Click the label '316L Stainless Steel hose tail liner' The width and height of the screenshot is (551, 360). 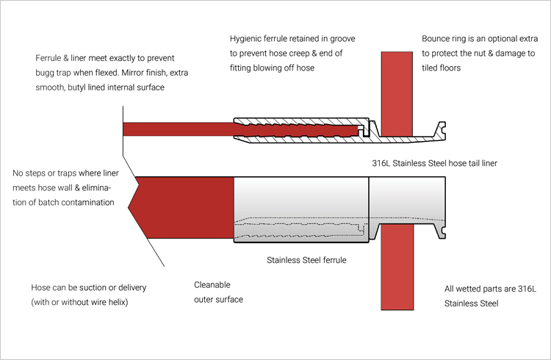pos(435,162)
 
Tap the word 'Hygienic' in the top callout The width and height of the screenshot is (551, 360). pos(247,38)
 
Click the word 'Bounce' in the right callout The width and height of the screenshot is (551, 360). pos(437,38)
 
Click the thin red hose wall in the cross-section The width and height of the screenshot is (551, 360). pos(176,130)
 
